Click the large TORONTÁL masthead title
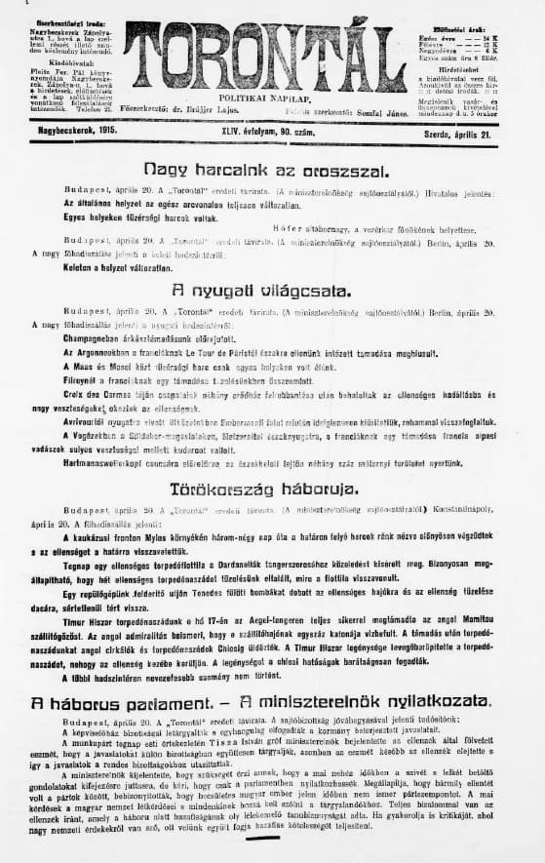click(265, 61)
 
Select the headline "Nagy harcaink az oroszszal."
click(252, 168)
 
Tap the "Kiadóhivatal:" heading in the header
click(51, 60)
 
